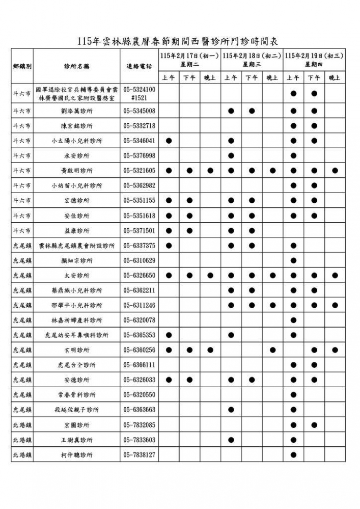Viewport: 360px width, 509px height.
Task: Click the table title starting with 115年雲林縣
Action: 179,41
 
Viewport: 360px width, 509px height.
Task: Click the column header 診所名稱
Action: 77,66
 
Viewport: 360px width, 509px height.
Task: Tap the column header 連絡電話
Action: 139,66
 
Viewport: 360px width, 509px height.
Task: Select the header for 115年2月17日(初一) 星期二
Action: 189,60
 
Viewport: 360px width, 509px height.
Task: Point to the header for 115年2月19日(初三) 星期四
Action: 314,60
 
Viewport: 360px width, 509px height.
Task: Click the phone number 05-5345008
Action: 139,111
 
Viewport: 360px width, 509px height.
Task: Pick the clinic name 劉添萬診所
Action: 77,111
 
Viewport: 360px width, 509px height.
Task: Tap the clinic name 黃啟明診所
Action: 77,171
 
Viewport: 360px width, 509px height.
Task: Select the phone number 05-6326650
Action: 139,276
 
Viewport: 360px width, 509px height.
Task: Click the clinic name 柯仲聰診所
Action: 77,455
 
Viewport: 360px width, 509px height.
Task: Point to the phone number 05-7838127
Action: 139,455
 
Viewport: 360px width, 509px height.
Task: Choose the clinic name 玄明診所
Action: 77,351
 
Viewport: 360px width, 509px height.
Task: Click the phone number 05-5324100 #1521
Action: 139,93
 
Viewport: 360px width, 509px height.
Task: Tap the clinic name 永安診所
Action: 77,156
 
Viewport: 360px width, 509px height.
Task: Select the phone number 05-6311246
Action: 139,306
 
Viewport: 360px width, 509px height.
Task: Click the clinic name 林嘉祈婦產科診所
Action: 77,320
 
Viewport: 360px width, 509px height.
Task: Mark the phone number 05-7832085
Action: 139,425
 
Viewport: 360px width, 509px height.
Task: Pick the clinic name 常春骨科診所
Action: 77,395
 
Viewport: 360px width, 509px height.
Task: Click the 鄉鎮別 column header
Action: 22,66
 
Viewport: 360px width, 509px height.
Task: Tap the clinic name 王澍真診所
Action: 77,440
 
